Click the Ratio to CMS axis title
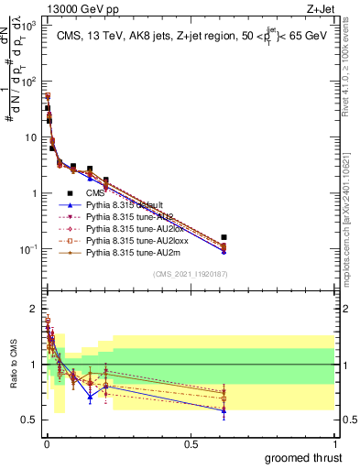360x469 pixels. click(x=13, y=365)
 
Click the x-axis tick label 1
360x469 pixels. click(x=333, y=443)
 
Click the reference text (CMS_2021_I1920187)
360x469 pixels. click(x=191, y=274)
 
